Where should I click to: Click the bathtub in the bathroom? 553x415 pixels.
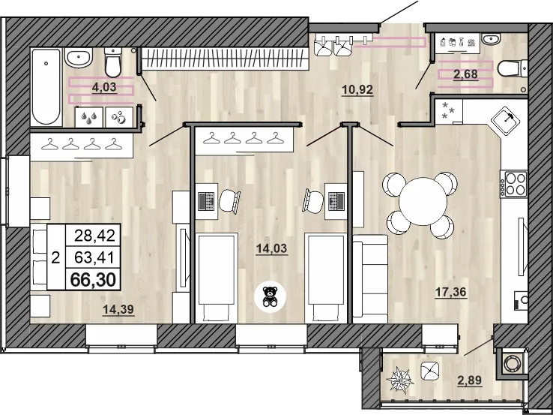click(x=46, y=87)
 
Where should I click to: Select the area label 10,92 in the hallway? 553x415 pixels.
click(x=357, y=89)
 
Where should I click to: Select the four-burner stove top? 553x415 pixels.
click(x=516, y=184)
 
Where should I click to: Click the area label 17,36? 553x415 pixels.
click(x=451, y=293)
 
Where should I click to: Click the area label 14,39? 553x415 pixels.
click(x=119, y=308)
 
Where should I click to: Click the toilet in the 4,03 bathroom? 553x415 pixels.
click(x=113, y=62)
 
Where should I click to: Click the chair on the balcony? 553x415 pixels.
click(x=431, y=370)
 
